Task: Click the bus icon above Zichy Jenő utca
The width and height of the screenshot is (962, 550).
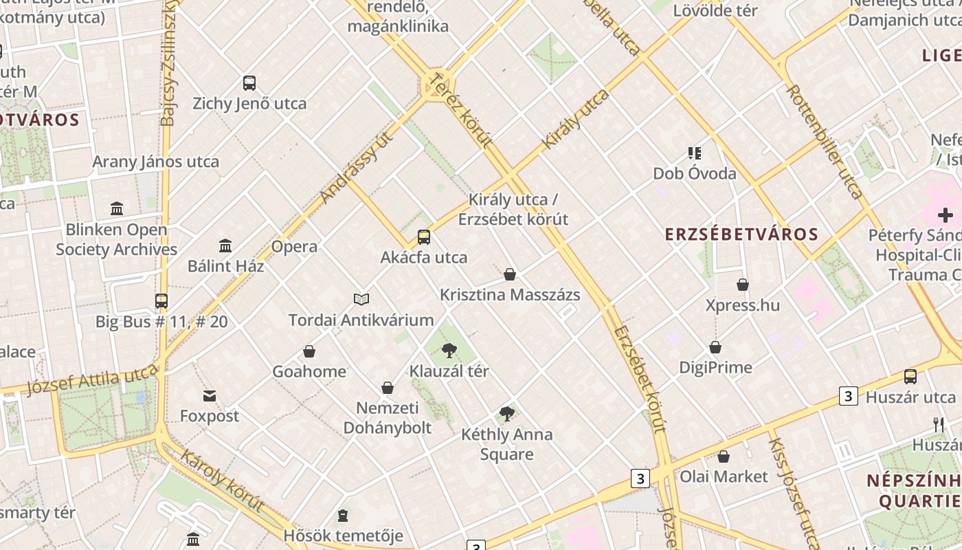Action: [x=249, y=83]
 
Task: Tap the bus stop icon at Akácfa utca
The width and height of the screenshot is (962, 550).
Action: [x=424, y=237]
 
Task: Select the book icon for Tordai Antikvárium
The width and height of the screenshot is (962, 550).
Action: [x=361, y=299]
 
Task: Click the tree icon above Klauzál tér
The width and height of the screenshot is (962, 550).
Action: [x=449, y=351]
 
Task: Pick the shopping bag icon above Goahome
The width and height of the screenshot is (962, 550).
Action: [x=309, y=351]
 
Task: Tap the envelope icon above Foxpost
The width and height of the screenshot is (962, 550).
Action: [x=210, y=396]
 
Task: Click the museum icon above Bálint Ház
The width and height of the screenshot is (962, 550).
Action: [x=225, y=245]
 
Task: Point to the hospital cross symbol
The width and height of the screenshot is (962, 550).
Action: [x=946, y=215]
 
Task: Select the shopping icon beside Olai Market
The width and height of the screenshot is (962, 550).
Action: [x=724, y=456]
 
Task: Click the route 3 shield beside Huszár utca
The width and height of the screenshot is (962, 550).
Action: [x=849, y=396]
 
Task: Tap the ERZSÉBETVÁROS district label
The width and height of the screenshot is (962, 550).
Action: [x=741, y=234]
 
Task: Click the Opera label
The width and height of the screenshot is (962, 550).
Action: [x=294, y=246]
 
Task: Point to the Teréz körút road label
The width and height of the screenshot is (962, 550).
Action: [x=460, y=110]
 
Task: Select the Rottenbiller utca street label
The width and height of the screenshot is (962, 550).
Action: [x=825, y=141]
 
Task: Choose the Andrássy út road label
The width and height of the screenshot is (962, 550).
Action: [x=356, y=167]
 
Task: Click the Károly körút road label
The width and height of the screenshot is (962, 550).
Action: [x=223, y=481]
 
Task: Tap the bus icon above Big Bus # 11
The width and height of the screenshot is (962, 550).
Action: [x=161, y=301]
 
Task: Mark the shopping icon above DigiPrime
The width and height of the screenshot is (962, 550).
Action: [x=715, y=347]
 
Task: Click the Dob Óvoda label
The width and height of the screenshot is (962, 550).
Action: [x=695, y=173]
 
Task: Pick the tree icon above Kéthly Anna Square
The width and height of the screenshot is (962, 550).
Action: [x=507, y=414]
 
